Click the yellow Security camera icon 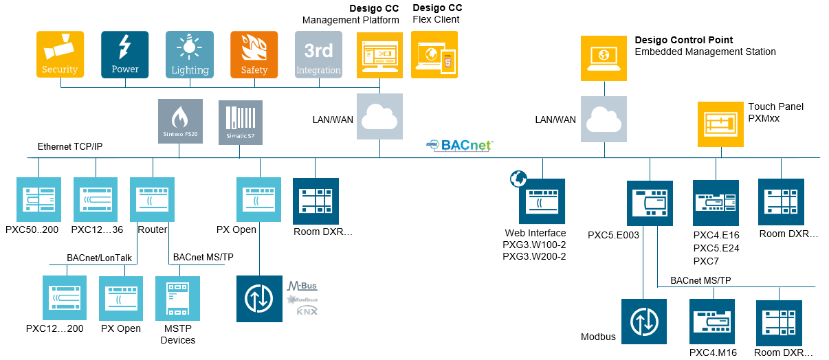click(x=60, y=54)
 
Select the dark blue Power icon click(x=124, y=54)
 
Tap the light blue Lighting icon click(x=189, y=54)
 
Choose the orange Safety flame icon click(x=254, y=54)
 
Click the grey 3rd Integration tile click(x=318, y=54)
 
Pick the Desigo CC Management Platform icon click(x=379, y=54)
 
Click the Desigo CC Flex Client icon click(x=434, y=54)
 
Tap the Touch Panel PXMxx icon click(x=720, y=124)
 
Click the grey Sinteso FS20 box click(x=180, y=122)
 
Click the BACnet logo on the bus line click(x=460, y=145)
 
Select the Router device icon click(x=152, y=200)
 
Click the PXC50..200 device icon click(x=38, y=200)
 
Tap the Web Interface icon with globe click(x=542, y=202)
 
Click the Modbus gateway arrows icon click(x=643, y=322)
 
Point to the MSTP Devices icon click(x=177, y=299)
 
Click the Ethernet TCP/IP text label click(x=69, y=147)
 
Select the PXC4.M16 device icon click(x=713, y=322)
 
